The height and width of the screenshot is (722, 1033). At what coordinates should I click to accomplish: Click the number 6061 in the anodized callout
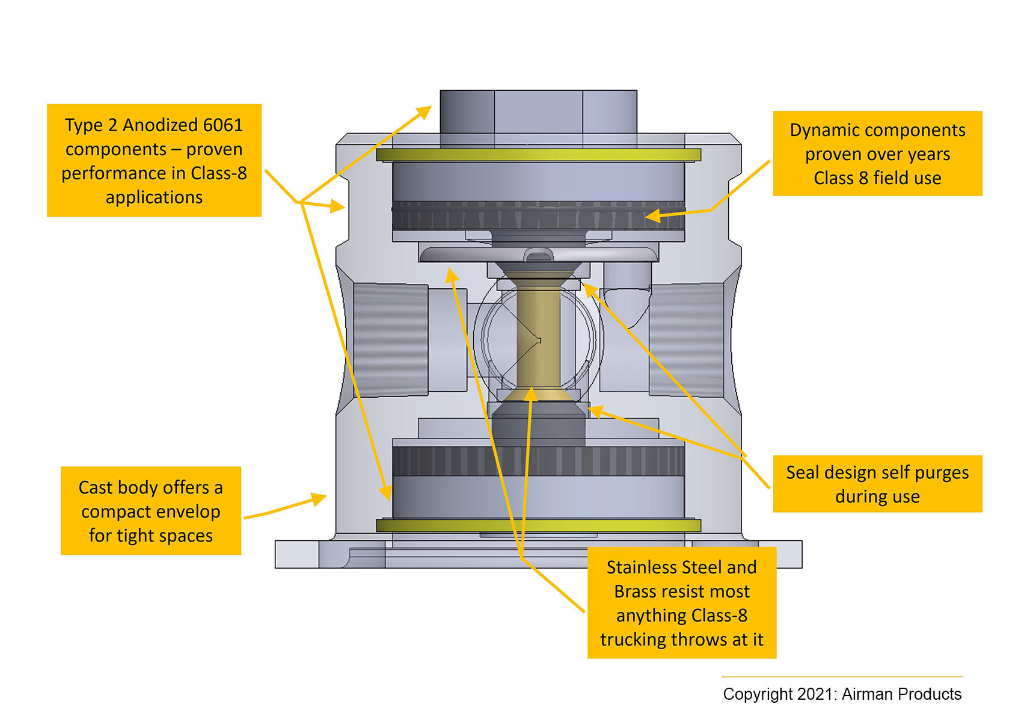(223, 125)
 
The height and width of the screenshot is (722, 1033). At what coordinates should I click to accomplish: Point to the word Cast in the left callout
(96, 487)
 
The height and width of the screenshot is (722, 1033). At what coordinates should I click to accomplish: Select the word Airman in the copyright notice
(867, 694)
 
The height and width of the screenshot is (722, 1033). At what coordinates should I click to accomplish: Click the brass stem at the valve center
(538, 337)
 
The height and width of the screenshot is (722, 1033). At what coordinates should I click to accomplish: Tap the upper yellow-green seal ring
(538, 155)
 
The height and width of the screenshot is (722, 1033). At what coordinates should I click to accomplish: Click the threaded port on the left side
(391, 340)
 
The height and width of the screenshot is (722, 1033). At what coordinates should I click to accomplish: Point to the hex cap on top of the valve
(538, 117)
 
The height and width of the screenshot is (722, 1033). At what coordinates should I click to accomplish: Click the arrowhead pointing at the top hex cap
(426, 110)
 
